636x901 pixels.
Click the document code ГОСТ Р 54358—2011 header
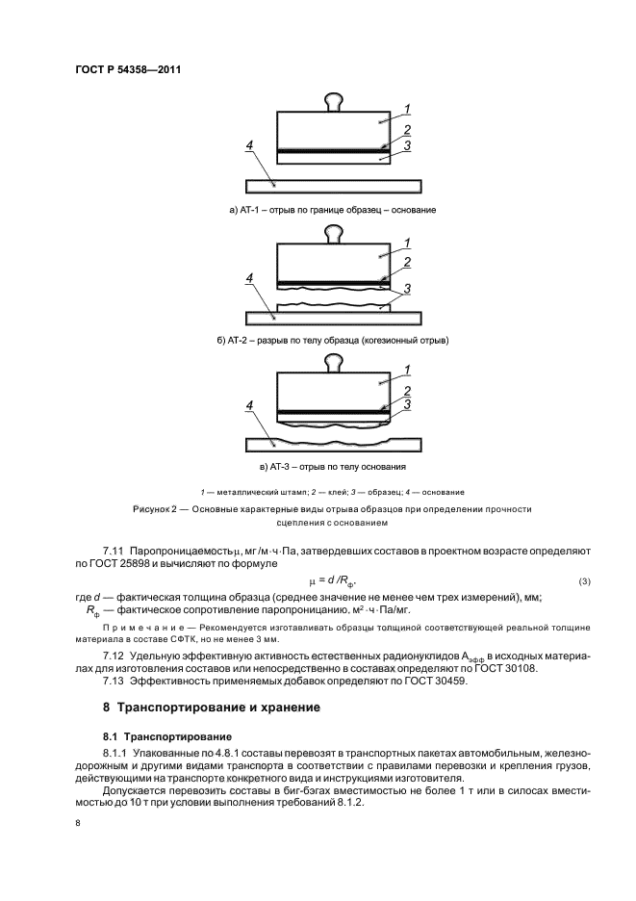tap(128, 69)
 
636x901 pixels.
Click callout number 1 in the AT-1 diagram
tap(408, 109)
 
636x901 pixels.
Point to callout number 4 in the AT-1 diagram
tap(250, 145)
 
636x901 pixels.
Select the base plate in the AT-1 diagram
tap(333, 185)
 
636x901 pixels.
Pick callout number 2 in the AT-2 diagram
tap(408, 262)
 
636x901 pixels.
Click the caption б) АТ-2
tap(333, 340)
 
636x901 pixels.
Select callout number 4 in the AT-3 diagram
tap(250, 407)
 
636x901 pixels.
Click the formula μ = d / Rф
tap(332, 581)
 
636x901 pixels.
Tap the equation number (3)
tap(584, 582)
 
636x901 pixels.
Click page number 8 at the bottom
tap(78, 823)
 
